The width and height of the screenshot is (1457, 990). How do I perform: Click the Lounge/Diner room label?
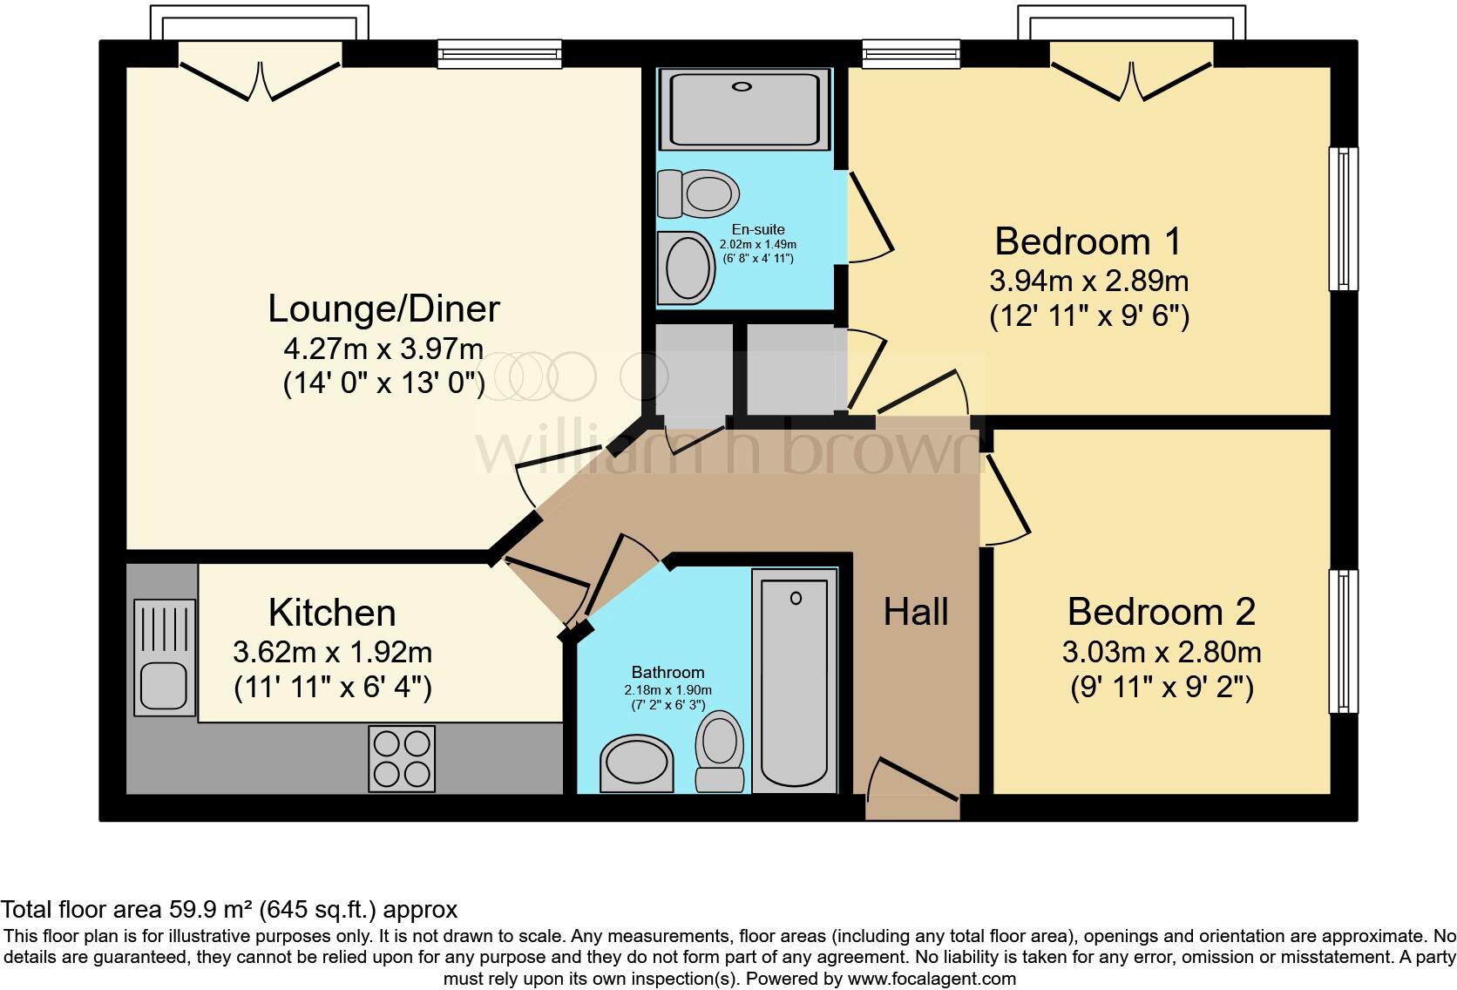click(x=383, y=309)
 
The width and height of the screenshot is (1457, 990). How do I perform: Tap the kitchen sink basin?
click(x=162, y=685)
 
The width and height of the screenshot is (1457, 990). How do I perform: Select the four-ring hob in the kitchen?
click(x=402, y=758)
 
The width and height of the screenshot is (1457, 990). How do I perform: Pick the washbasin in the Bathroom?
click(x=637, y=763)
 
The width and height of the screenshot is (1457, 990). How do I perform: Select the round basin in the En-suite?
click(x=687, y=268)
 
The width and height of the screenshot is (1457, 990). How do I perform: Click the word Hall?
click(x=915, y=613)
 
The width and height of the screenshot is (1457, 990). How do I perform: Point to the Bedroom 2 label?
click(x=1161, y=613)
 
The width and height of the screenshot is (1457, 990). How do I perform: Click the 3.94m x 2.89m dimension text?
click(x=1088, y=281)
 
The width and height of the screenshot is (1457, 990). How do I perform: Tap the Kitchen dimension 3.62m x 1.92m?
click(x=332, y=652)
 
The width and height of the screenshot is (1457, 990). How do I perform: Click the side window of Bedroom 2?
click(x=1344, y=641)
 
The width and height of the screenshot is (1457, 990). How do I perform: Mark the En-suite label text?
click(x=757, y=230)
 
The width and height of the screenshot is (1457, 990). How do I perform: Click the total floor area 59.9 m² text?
click(x=228, y=910)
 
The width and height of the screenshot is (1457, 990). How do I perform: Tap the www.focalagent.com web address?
click(x=931, y=979)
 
